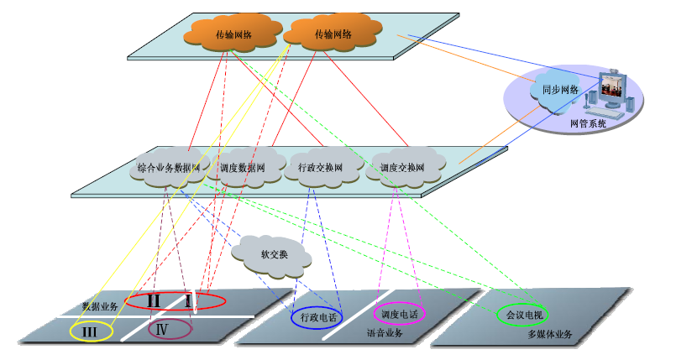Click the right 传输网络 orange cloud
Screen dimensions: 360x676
[x=332, y=34]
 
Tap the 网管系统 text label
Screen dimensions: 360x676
[x=587, y=123]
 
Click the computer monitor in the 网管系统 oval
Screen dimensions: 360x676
[x=612, y=87]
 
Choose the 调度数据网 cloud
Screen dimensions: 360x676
[x=244, y=167]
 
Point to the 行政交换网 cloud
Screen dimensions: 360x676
[x=321, y=167]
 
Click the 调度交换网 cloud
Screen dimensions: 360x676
[x=402, y=167]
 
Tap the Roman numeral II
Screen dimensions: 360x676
[x=154, y=300]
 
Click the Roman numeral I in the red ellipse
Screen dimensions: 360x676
[x=189, y=300]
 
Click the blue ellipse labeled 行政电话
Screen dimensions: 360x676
[x=316, y=316]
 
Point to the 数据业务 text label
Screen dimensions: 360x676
[x=99, y=306]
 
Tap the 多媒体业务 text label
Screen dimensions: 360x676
[x=550, y=335]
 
